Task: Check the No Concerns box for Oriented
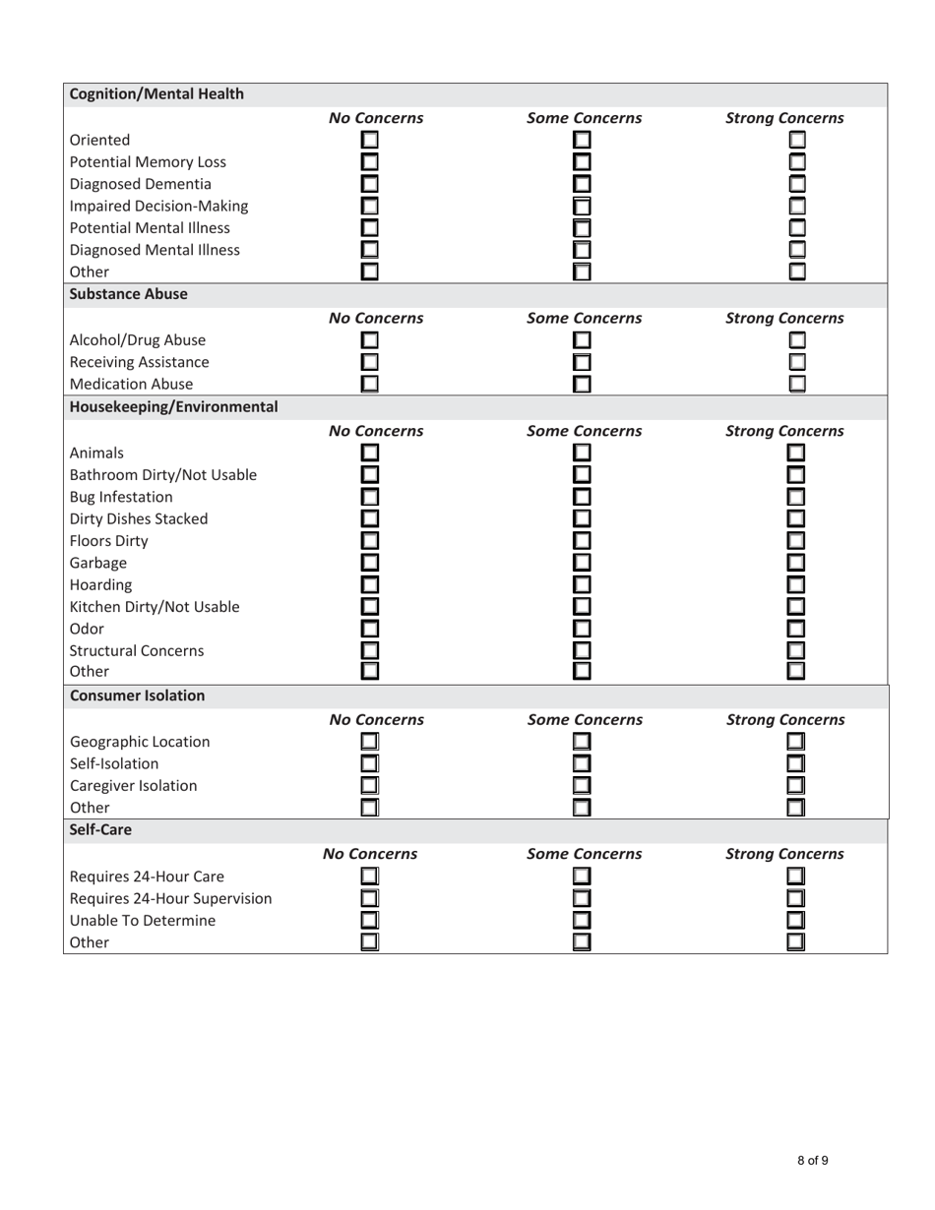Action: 370,141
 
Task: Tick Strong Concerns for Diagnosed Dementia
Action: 797,184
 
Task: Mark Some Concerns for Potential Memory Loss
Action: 583,162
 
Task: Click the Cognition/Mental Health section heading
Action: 156,94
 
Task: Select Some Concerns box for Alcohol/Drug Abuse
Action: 583,340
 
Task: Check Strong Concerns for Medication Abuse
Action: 797,384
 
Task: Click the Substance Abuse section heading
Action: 128,293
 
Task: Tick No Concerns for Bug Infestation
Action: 370,497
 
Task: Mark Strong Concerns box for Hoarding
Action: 797,584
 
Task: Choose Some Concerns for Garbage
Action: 583,563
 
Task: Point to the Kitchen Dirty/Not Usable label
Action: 155,607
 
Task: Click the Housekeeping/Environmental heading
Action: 173,406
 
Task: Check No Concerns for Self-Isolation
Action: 370,763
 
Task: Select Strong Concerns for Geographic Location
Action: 797,742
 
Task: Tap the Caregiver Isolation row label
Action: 133,786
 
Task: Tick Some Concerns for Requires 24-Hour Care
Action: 583,877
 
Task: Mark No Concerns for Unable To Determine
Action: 370,921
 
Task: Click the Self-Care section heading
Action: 100,830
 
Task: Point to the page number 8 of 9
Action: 812,1161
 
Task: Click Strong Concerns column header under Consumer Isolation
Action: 784,720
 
